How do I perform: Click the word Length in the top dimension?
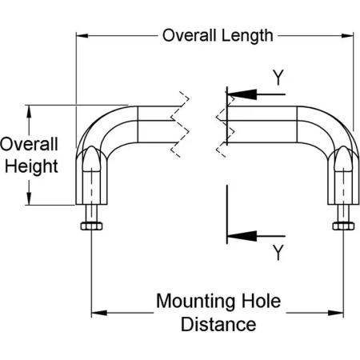pyautogui.click(x=247, y=37)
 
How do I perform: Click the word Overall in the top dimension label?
pyautogui.click(x=189, y=35)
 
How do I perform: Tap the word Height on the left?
pyautogui.click(x=31, y=167)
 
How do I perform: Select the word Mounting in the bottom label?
pyautogui.click(x=195, y=302)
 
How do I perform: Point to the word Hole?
pyautogui.click(x=261, y=301)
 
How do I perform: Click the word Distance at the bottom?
pyautogui.click(x=218, y=324)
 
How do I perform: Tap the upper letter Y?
pyautogui.click(x=278, y=78)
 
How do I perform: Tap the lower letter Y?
pyautogui.click(x=278, y=253)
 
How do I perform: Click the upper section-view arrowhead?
pyautogui.click(x=242, y=94)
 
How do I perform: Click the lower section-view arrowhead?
pyautogui.click(x=242, y=236)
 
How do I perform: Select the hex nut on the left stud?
pyautogui.click(x=91, y=226)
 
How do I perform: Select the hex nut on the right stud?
pyautogui.click(x=343, y=226)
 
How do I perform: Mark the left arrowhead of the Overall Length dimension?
pyautogui.click(x=82, y=35)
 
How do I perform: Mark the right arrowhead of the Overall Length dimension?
pyautogui.click(x=348, y=35)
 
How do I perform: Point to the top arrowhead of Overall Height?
pyautogui.click(x=29, y=111)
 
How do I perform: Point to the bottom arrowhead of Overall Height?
pyautogui.click(x=29, y=198)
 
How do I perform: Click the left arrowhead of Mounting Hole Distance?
pyautogui.click(x=99, y=313)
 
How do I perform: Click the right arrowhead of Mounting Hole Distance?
pyautogui.click(x=336, y=313)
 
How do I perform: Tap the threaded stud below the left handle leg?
pyautogui.click(x=91, y=214)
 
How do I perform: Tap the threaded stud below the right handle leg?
pyautogui.click(x=343, y=214)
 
